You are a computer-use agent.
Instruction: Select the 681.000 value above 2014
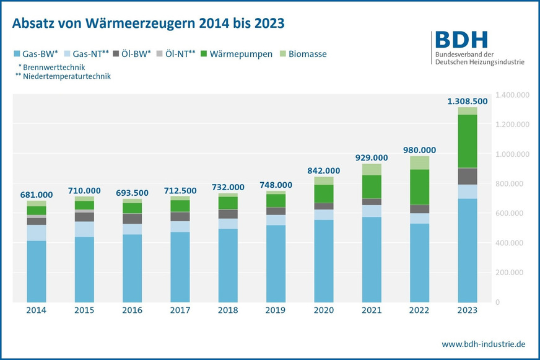pos(36,195)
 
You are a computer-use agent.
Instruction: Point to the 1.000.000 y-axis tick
pos(513,154)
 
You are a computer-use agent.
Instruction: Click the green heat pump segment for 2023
pos(467,141)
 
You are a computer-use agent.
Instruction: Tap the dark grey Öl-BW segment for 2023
pos(467,176)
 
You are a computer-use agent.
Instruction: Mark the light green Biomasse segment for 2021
pos(372,169)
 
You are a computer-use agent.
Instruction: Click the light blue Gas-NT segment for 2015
pos(84,229)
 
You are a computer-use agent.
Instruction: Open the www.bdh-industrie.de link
pos(484,343)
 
